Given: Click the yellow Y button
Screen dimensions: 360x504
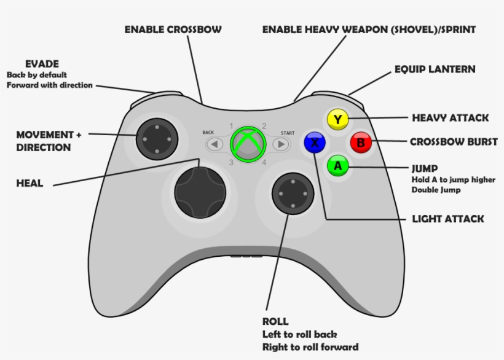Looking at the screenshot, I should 337,119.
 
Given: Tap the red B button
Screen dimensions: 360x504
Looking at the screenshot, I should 361,143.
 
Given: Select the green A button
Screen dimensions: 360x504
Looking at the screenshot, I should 337,166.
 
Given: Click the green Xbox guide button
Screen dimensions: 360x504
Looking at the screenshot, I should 248,144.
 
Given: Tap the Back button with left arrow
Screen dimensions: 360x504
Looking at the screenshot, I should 214,144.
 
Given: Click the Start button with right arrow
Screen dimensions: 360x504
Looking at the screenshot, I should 281,144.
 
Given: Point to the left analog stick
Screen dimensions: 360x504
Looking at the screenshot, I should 157,139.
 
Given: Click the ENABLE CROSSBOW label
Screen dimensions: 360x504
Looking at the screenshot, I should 173,29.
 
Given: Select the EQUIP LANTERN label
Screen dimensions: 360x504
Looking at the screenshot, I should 435,69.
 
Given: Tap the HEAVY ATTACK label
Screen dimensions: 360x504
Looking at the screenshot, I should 450,117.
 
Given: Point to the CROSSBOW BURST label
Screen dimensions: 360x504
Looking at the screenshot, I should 454,142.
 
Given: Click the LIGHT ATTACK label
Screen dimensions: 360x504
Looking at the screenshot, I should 448,219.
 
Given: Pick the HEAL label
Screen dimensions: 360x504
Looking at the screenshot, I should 29,183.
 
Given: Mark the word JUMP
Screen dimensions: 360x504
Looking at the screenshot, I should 424,168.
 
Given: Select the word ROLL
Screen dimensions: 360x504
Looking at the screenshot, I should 275,322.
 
